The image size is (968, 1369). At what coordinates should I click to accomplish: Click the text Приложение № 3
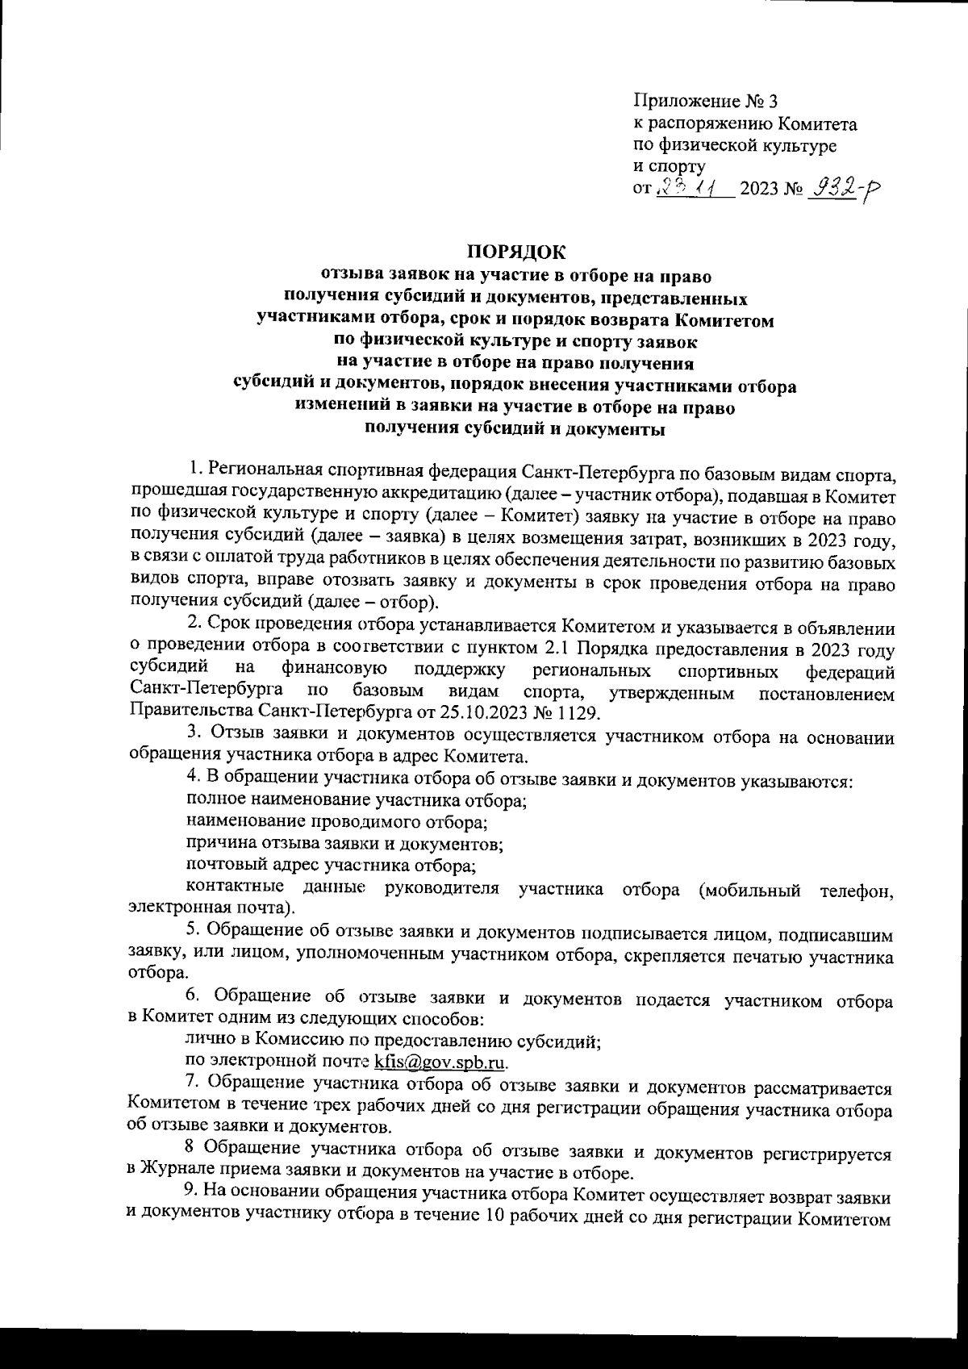coord(706,102)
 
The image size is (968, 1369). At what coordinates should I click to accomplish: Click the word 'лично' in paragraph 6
coord(206,1040)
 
